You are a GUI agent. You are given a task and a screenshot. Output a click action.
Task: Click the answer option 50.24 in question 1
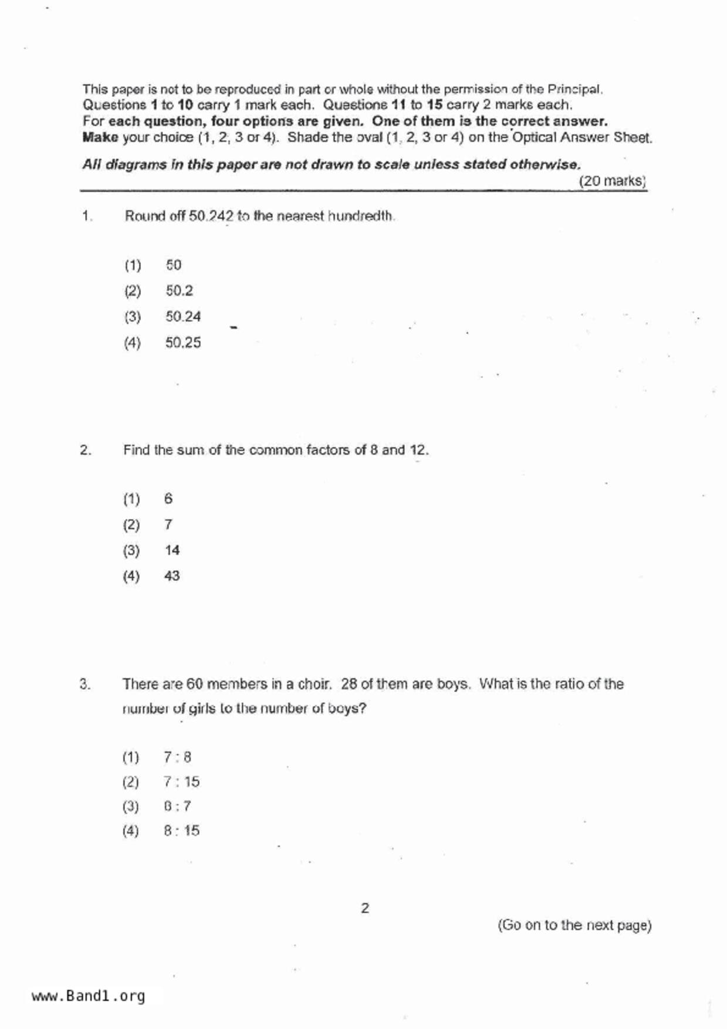(182, 317)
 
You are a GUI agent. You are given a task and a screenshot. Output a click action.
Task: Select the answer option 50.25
(182, 343)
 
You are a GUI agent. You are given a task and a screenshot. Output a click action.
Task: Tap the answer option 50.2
(179, 291)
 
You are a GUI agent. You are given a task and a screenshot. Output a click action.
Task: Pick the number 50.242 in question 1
(211, 216)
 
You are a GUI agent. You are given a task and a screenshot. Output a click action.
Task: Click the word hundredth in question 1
(360, 216)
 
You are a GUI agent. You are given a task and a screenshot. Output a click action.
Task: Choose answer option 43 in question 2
(172, 576)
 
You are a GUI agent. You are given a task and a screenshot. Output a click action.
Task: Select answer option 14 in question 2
(172, 550)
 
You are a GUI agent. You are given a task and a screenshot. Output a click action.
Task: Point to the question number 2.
(86, 450)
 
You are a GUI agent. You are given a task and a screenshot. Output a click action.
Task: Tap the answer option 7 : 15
(181, 781)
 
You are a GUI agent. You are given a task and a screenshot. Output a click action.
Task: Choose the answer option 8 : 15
(181, 831)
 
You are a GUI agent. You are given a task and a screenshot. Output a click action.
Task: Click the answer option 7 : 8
(177, 757)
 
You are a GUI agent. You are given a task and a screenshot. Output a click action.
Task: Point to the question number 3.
(85, 684)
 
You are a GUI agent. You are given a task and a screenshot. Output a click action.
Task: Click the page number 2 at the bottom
(365, 908)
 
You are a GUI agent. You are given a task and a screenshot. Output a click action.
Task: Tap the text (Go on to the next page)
(574, 925)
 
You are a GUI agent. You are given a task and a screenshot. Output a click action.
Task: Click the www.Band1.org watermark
(88, 996)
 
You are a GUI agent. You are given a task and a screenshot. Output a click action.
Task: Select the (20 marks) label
(612, 181)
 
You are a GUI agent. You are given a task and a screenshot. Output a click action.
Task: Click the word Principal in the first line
(574, 90)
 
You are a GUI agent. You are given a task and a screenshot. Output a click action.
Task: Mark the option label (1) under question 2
(131, 499)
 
